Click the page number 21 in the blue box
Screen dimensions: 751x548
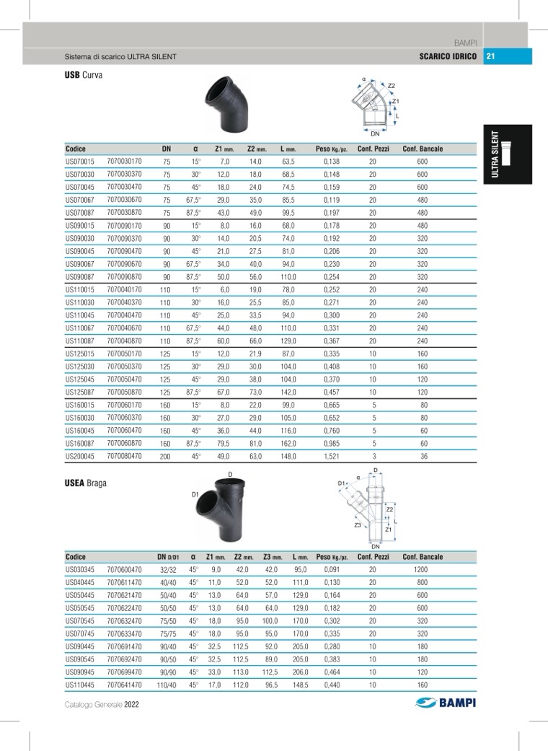tap(490, 56)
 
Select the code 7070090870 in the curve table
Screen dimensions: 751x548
tap(124, 276)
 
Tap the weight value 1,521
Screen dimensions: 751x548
tap(331, 456)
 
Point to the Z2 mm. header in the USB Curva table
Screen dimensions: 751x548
tap(257, 149)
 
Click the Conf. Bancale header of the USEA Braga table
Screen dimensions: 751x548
tap(423, 557)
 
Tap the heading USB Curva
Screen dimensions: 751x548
tap(84, 75)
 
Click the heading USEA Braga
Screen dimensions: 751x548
tap(86, 483)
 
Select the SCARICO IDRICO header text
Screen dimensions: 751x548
tap(447, 56)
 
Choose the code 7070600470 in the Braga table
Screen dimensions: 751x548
tap(124, 569)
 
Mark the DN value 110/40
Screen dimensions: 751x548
tap(167, 685)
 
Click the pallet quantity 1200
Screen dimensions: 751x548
tap(422, 569)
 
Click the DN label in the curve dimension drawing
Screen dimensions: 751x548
tap(375, 133)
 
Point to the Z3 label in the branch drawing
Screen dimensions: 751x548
tap(358, 526)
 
